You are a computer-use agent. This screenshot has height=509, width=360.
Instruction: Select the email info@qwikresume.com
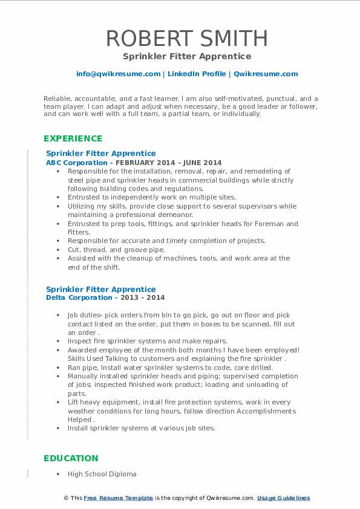(x=118, y=74)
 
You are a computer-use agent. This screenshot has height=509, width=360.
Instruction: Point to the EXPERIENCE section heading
(x=73, y=138)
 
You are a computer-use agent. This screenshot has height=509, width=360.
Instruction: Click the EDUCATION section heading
(x=71, y=458)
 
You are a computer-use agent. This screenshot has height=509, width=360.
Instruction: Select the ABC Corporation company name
(x=78, y=163)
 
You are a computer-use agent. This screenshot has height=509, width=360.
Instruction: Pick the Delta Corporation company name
(x=79, y=297)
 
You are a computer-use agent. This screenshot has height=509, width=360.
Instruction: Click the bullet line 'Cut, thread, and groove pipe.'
(x=116, y=249)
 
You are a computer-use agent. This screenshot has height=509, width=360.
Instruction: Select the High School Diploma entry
(x=102, y=474)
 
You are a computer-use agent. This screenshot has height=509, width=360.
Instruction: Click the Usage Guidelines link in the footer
(x=283, y=498)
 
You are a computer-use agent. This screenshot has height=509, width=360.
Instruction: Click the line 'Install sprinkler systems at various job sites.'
(x=141, y=428)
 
